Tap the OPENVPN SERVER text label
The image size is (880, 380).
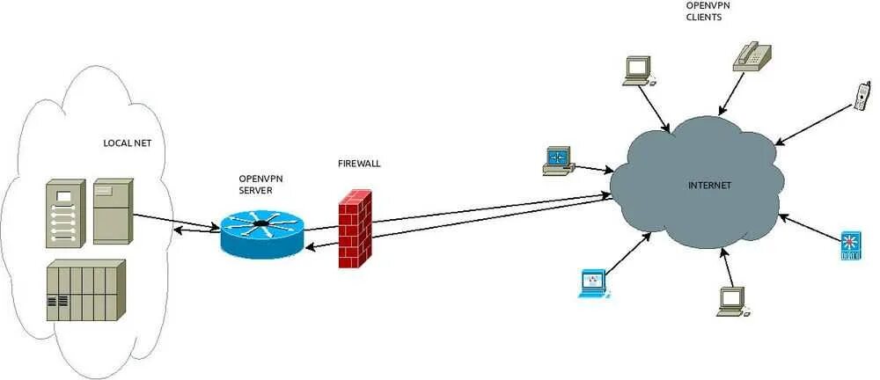pos(261,184)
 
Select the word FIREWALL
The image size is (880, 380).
pos(359,164)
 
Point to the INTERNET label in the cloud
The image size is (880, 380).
pos(709,185)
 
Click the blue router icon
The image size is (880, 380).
pos(260,231)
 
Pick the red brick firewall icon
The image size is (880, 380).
pos(355,228)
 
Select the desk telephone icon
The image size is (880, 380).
pos(752,55)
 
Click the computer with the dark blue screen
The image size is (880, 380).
pos(558,160)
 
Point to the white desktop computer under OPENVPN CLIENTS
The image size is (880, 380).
pos(638,70)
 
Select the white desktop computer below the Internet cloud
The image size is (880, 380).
pos(732,301)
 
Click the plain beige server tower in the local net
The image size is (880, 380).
pos(113,210)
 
